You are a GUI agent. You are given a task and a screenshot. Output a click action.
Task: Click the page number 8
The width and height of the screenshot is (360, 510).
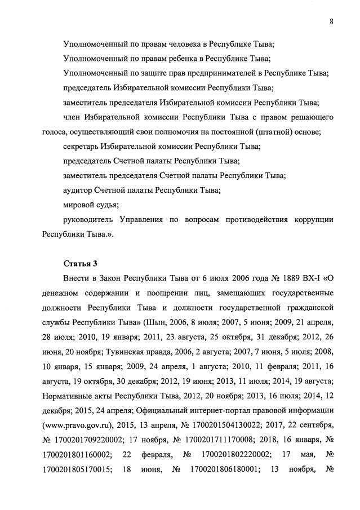click(331, 21)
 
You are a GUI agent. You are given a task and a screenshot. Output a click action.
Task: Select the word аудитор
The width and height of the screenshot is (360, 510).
click(78, 190)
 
